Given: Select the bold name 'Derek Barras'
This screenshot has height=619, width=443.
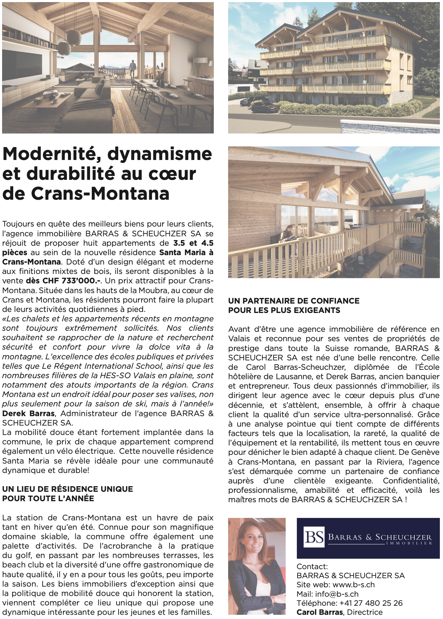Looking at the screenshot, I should [x=28, y=414].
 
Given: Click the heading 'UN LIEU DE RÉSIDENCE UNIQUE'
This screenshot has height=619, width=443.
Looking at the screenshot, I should [x=68, y=489].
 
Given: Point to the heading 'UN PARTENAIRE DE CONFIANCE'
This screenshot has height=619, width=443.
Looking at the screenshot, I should [x=294, y=301].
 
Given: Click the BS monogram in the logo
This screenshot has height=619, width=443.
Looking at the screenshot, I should [x=314, y=537].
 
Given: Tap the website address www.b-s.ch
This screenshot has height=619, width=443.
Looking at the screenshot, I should [x=353, y=585].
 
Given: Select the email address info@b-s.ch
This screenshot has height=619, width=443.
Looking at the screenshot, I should [x=337, y=594].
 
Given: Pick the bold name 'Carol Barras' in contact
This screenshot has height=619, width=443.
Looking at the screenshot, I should [x=320, y=612].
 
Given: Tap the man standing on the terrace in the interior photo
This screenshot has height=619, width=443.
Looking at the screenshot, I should [x=132, y=68].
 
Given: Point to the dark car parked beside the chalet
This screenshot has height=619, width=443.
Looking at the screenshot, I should [x=265, y=107].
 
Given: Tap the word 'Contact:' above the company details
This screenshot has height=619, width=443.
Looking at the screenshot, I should [x=312, y=567].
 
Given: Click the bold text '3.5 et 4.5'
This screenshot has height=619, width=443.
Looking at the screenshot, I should [x=193, y=243].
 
